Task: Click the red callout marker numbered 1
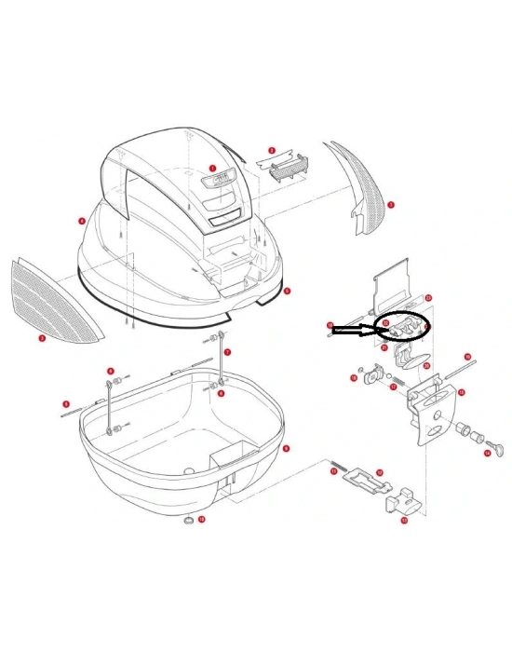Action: pyautogui.click(x=212, y=170)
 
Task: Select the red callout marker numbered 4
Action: pyautogui.click(x=82, y=221)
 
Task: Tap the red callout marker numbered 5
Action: pyautogui.click(x=288, y=291)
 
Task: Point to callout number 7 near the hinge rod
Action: pyautogui.click(x=228, y=352)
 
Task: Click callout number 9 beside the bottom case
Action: pyautogui.click(x=286, y=448)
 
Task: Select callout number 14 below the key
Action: pyautogui.click(x=487, y=455)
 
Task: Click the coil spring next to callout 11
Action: pyautogui.click(x=339, y=465)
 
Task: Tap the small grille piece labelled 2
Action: pyautogui.click(x=289, y=169)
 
